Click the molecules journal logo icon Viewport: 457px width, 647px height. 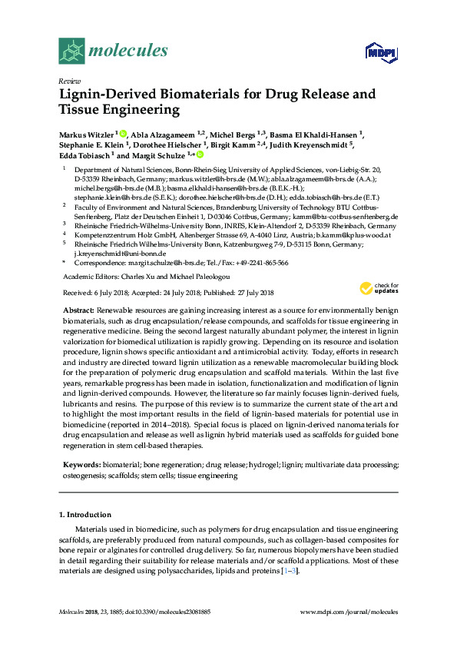tap(72, 51)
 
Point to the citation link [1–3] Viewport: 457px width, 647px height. tap(286, 571)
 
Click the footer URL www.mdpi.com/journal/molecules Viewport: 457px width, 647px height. tap(348, 612)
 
